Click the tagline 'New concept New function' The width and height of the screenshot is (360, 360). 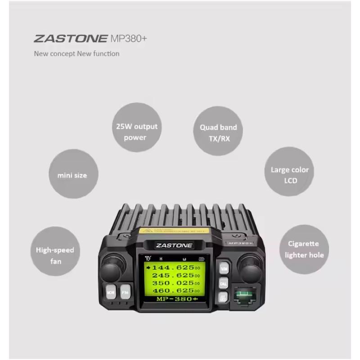click(x=77, y=54)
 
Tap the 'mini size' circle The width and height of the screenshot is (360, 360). click(x=72, y=175)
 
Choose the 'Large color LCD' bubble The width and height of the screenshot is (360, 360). click(x=289, y=175)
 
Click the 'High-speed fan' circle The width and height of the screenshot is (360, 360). click(x=55, y=255)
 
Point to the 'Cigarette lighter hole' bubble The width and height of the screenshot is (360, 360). click(x=304, y=249)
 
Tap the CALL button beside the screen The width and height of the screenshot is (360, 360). click(x=223, y=283)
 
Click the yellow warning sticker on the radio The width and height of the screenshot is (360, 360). click(x=173, y=231)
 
